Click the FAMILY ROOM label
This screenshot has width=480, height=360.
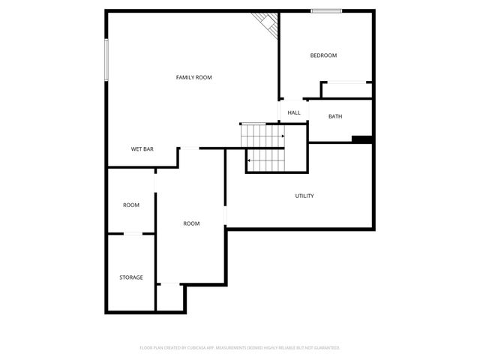point(193,77)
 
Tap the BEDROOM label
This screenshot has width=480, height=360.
point(323,55)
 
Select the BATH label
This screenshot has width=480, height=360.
point(335,116)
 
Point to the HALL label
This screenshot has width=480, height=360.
point(294,113)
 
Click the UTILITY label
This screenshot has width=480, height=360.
point(304,196)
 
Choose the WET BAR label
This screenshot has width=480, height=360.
point(142,149)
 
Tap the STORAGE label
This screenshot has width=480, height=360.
point(131,277)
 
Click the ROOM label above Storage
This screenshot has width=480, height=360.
point(131,205)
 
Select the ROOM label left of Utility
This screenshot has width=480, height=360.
point(191,223)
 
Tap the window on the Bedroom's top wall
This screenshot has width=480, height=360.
point(326,10)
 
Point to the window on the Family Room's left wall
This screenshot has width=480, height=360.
point(106,60)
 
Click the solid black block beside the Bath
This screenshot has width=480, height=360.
point(362,139)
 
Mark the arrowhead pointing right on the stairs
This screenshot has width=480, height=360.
point(282,136)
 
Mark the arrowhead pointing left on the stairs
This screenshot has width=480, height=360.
point(249,160)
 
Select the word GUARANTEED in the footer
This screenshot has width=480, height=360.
point(324,348)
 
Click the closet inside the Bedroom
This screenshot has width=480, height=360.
point(346,90)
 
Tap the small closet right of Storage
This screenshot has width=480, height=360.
point(170,297)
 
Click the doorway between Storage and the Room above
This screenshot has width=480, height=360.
point(133,234)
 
